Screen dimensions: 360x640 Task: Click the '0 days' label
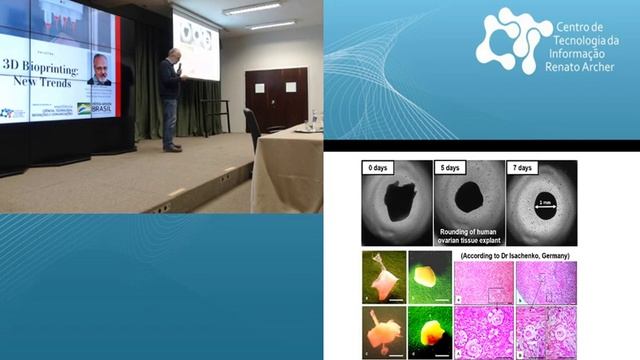pos(386,168)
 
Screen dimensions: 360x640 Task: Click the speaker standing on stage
pos(171,98)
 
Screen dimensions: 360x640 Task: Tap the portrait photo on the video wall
pos(100,68)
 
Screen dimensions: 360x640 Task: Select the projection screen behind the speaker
pos(196,46)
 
